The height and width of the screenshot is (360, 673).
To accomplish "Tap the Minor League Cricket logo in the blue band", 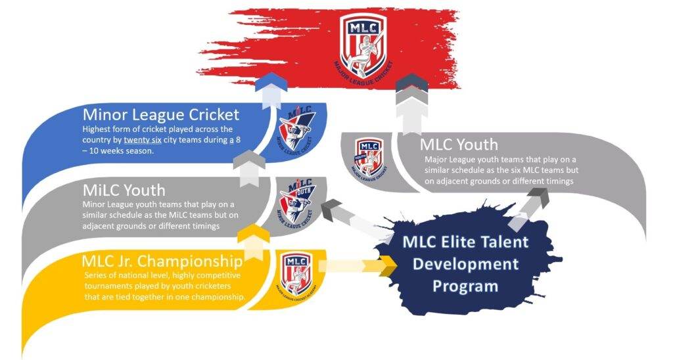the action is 296,127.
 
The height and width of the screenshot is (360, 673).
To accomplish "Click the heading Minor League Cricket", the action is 161,114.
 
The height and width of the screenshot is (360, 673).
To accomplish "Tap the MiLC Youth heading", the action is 124,190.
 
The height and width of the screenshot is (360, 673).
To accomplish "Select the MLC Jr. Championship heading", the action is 162,261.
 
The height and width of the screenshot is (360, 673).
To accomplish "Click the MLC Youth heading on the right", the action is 459,145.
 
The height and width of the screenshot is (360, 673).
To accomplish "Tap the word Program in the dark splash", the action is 465,286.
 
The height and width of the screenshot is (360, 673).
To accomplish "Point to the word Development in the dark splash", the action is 466,264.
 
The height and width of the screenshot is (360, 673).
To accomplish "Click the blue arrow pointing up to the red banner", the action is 271,91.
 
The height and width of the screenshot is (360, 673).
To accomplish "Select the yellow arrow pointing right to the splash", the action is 357,266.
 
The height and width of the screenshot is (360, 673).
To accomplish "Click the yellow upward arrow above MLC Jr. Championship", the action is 254,242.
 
